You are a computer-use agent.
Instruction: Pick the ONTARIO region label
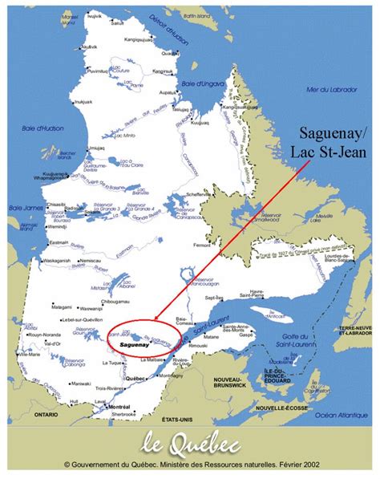(x=46, y=415)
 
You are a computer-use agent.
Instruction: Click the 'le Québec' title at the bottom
(x=190, y=442)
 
